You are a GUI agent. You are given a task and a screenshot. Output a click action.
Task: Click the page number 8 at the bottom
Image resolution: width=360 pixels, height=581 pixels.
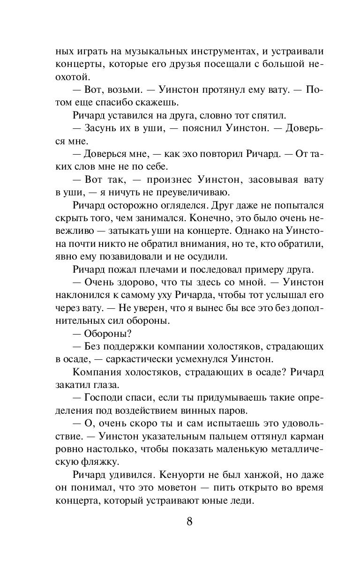pyautogui.click(x=189, y=521)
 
